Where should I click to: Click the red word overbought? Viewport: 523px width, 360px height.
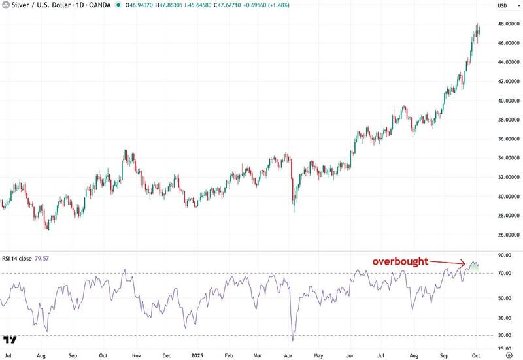point(400,261)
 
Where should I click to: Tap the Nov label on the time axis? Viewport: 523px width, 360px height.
point(136,356)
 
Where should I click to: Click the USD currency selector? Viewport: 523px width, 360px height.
point(503,5)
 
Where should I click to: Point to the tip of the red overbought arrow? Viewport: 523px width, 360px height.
point(465,264)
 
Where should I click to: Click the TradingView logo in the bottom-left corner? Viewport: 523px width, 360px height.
point(10,340)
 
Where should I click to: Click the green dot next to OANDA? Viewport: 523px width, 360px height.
point(118,5)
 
